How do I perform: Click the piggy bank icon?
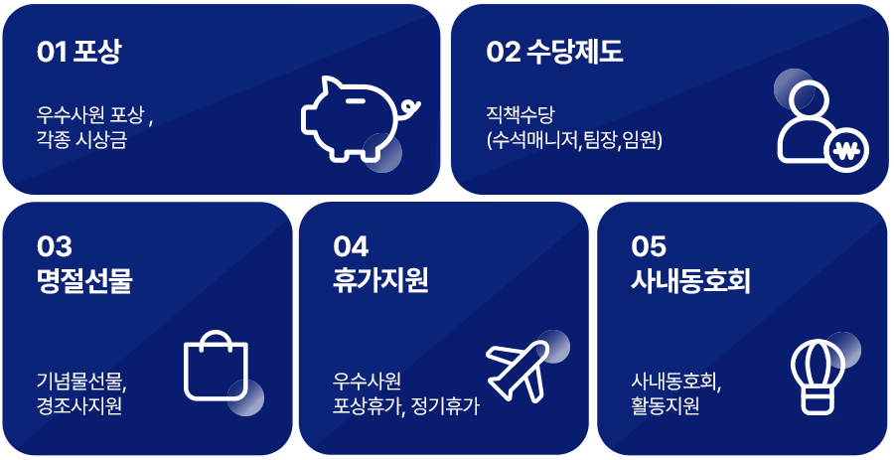pos(361,118)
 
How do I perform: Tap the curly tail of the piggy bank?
pos(411,107)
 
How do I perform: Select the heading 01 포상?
pos(78,52)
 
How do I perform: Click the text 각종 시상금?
pos(81,140)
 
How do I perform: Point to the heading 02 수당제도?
pos(554,52)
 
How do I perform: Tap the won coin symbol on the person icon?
pos(846,151)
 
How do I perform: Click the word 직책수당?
pos(520,114)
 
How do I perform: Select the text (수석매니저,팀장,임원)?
pos(575,140)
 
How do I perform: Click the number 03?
pos(55,246)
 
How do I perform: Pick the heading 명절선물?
pos(84,280)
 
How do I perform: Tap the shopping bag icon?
pos(217,366)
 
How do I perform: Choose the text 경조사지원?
pos(79,405)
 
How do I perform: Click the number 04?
pos(352,246)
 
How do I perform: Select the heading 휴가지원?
pos(380,280)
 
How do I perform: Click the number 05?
pos(649,246)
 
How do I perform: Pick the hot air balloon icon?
pos(818,377)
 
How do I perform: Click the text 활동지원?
pos(665,405)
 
